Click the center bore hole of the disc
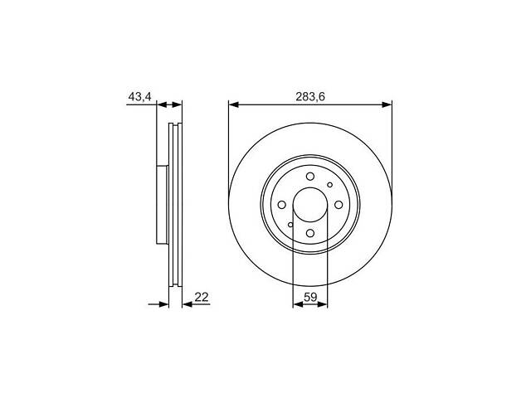309,205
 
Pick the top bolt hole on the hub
309,176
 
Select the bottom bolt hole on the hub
309,235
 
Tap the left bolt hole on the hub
280,205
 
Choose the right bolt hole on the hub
339,205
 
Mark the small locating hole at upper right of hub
329,185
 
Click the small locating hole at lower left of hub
290,226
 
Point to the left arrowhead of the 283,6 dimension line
233,104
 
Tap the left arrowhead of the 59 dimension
297,304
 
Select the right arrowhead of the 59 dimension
324,304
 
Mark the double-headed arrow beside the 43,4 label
169,104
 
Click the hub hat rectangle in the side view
162,205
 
